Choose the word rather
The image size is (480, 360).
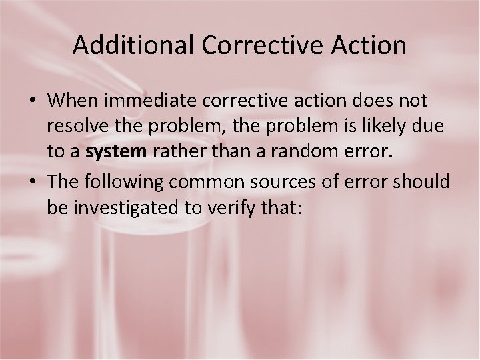[175, 152]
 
